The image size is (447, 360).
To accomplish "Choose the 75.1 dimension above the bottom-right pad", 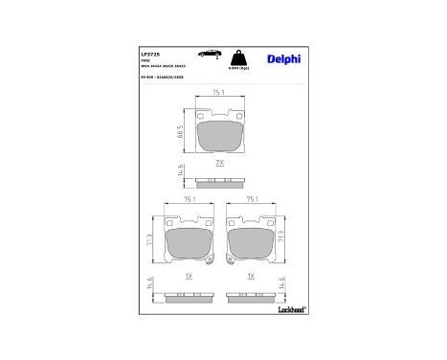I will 251,200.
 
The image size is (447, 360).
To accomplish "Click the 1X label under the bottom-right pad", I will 251,275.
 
